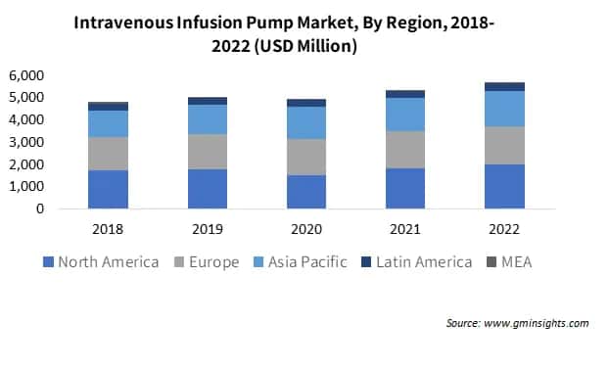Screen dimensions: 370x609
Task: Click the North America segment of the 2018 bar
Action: pyautogui.click(x=108, y=189)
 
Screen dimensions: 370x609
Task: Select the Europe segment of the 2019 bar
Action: pyautogui.click(x=207, y=152)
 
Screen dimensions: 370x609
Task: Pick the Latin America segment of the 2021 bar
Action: pyautogui.click(x=404, y=94)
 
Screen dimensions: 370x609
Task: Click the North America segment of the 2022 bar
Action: pyautogui.click(x=503, y=186)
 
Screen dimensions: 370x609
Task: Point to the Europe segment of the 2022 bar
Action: pyautogui.click(x=503, y=145)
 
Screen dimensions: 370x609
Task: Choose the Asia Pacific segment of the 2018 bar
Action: pyautogui.click(x=108, y=123)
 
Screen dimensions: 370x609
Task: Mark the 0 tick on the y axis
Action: pyautogui.click(x=40, y=208)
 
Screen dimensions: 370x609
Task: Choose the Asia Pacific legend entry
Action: pyautogui.click(x=304, y=262)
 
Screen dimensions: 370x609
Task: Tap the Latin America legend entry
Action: pyautogui.click(x=416, y=262)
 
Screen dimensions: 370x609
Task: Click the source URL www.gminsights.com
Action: pyautogui.click(x=539, y=323)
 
